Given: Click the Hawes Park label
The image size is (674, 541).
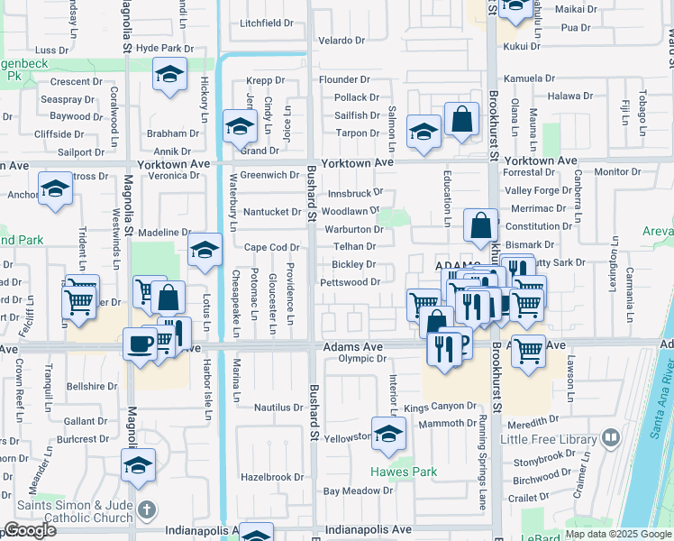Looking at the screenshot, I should click(403, 472).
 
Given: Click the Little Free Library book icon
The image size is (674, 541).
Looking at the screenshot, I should click(612, 439).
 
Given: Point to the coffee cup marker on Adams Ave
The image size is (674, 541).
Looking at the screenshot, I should click(140, 344).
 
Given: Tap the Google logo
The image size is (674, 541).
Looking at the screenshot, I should click(30, 530).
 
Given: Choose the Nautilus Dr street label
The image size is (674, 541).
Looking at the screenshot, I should click(278, 408).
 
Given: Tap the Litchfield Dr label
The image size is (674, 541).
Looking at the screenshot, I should click(268, 23).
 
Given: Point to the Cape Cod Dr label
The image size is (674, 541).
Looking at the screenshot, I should click(271, 247).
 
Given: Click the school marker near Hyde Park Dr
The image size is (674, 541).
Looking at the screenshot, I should click(168, 77).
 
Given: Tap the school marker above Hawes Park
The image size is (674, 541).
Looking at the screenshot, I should click(389, 436).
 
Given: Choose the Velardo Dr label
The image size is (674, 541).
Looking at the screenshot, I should click(341, 41).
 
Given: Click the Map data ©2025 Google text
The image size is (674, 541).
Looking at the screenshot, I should click(617, 534).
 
